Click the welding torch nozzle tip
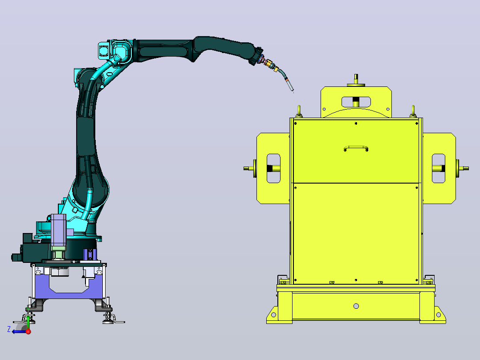click(x=293, y=91)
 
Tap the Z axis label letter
click(x=9, y=329)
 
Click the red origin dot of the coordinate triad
click(x=28, y=331)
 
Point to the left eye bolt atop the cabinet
click(x=299, y=111)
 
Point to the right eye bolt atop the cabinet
click(x=413, y=111)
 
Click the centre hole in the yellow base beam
click(x=356, y=306)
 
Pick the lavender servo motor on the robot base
click(x=58, y=230)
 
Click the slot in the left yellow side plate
click(x=274, y=168)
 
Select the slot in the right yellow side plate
click(x=438, y=168)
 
